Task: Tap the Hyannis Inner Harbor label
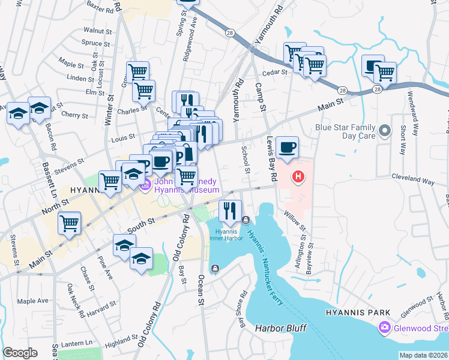[x=227, y=235]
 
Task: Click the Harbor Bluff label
[x=280, y=328]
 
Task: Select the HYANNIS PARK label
[x=358, y=313]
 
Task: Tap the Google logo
[x=20, y=353]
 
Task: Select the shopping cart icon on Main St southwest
[x=69, y=223]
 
